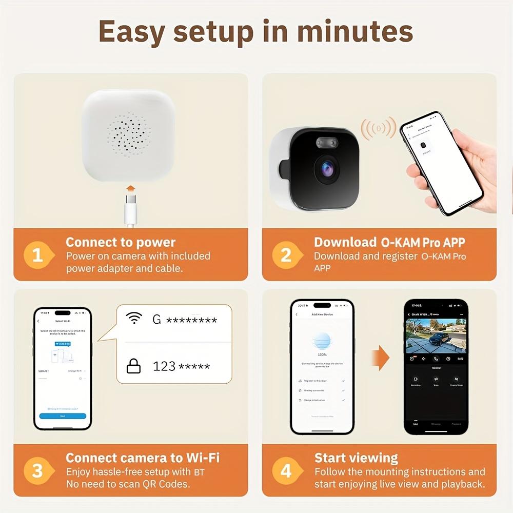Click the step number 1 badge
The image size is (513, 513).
(38, 255)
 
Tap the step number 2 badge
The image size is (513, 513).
(286, 255)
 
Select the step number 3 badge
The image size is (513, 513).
(38, 470)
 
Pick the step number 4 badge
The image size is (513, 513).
(286, 470)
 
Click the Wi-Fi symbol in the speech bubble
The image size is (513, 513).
(134, 319)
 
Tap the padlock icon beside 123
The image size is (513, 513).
(134, 366)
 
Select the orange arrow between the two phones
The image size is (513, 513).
(380, 358)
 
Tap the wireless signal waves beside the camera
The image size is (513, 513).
(378, 128)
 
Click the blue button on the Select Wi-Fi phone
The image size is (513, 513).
(63, 416)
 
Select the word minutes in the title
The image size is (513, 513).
(355, 32)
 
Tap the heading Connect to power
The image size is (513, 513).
(121, 242)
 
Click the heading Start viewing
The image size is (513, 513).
(356, 458)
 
